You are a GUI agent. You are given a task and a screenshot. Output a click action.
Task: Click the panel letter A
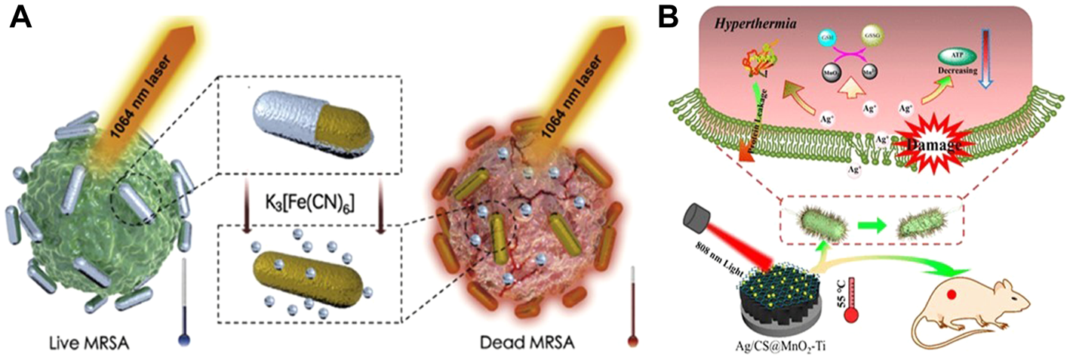[20, 17]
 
